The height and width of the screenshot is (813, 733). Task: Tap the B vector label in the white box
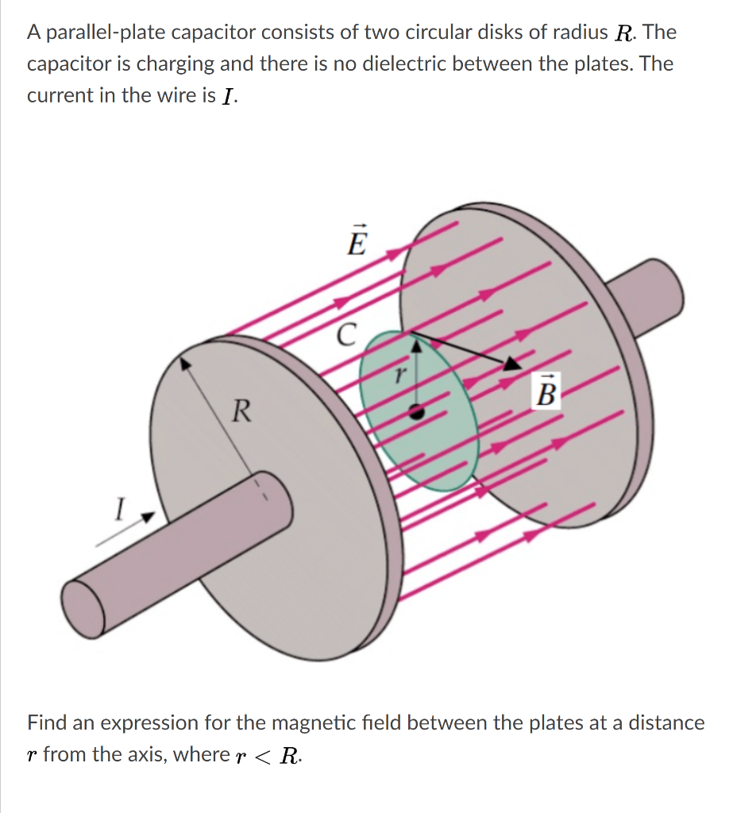coord(547,392)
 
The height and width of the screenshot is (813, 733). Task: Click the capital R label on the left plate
coord(242,411)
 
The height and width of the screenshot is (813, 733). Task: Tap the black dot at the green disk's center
coord(415,411)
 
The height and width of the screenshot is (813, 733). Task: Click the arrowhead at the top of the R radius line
coord(185,363)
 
